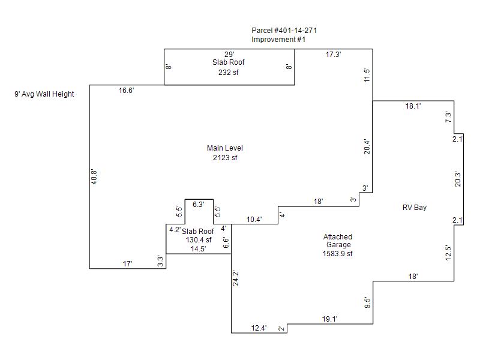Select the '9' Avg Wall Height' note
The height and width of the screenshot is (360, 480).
pos(44,94)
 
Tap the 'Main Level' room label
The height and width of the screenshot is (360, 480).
pos(225,148)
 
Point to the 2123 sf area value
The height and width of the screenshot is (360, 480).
pos(225,158)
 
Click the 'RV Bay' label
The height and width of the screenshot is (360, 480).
pos(414,208)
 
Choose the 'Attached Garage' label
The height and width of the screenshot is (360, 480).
pos(338,241)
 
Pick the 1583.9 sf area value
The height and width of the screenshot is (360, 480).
pos(338,254)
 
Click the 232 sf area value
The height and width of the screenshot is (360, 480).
pos(229,73)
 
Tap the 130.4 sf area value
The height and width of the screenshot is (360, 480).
pos(199,240)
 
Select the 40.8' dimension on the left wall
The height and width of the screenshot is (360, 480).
pos(94,176)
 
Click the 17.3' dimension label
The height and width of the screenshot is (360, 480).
pos(334,55)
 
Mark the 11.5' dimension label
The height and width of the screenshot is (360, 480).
pos(367,75)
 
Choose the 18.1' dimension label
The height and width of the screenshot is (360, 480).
pos(413,106)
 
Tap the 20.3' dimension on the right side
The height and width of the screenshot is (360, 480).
pos(458,179)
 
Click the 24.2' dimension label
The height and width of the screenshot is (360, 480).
pos(236,279)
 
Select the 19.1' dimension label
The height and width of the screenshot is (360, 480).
pos(329,320)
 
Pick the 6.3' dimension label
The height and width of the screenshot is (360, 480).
pos(199,205)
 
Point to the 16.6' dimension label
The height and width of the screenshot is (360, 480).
pos(126,91)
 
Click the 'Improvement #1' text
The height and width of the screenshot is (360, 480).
pos(279,40)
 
